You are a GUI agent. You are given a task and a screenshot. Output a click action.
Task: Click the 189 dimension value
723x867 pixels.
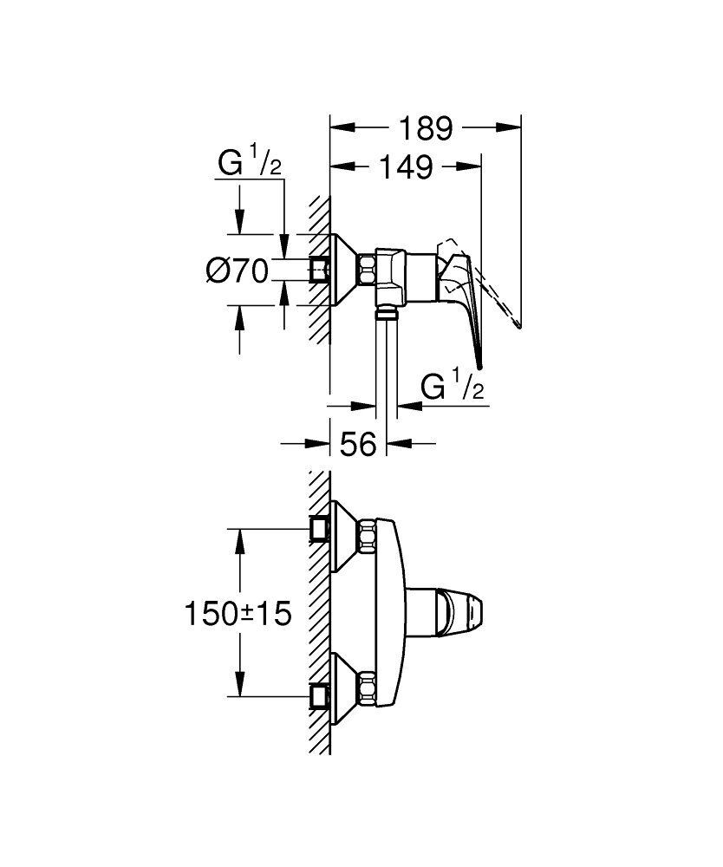pos(426,128)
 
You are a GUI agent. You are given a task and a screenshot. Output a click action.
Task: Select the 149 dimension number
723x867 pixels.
pos(406,166)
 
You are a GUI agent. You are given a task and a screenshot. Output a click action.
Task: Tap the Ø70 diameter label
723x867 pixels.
pos(236,271)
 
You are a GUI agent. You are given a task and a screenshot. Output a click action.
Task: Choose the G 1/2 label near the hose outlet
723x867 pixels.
pos(452,388)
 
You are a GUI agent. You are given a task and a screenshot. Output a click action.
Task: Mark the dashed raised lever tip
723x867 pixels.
pos(517,325)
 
